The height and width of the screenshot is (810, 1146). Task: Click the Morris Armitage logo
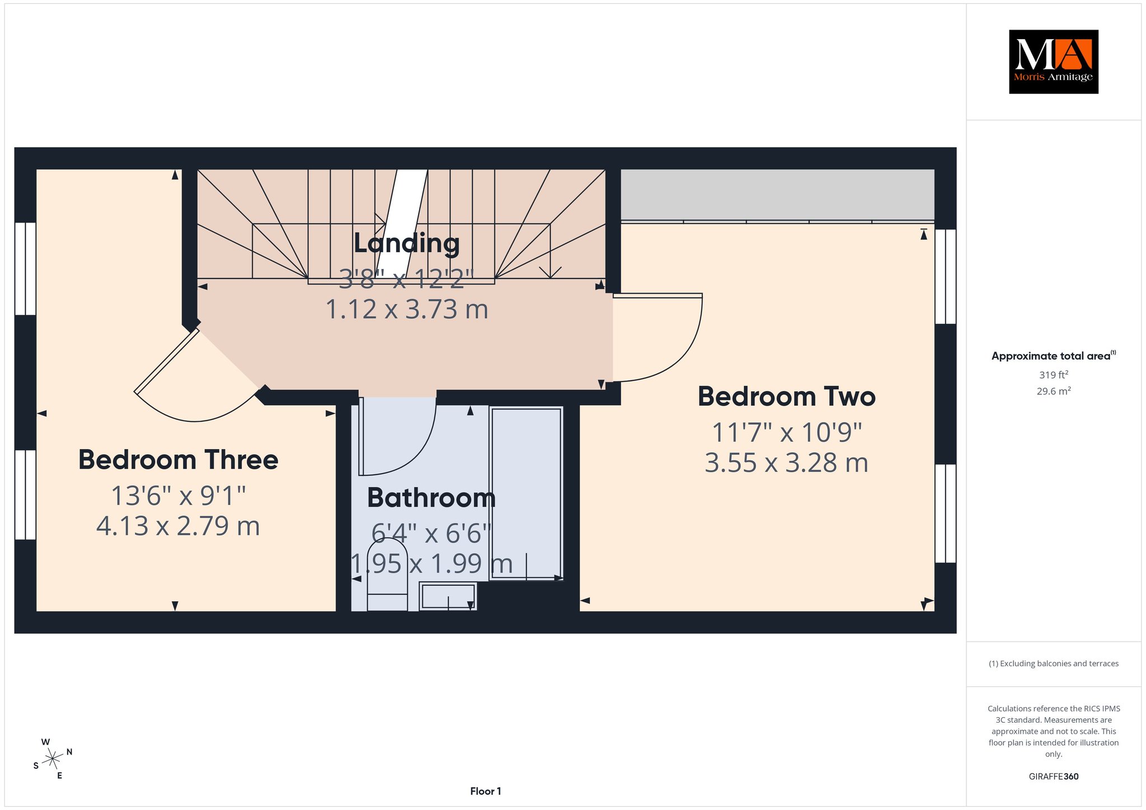[x=1053, y=62]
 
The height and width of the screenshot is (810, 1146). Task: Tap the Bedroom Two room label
[x=786, y=397]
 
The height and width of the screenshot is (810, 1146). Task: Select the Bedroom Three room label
[x=178, y=460]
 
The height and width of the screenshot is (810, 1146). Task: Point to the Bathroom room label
[x=431, y=498]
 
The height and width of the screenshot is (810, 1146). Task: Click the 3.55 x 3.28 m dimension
[x=786, y=463]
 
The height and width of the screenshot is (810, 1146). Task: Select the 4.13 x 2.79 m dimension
[x=178, y=526]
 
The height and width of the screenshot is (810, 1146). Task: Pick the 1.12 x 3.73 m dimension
[x=407, y=309]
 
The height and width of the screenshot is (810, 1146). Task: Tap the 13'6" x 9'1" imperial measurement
[x=178, y=496]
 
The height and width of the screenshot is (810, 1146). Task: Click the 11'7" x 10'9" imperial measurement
[x=786, y=432]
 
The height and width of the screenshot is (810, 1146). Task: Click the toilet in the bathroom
[x=387, y=574]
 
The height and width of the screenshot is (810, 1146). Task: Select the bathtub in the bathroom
[x=527, y=493]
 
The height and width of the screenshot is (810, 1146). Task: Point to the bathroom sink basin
[x=448, y=596]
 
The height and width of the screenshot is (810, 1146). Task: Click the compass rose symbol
[x=53, y=759]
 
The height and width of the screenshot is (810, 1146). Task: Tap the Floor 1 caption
[x=486, y=791]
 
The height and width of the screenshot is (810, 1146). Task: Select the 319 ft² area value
[x=1053, y=375]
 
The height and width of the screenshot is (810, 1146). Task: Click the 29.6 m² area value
[x=1053, y=391]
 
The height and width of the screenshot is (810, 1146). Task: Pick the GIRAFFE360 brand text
[x=1053, y=776]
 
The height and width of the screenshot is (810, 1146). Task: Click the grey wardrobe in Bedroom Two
[x=778, y=195]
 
